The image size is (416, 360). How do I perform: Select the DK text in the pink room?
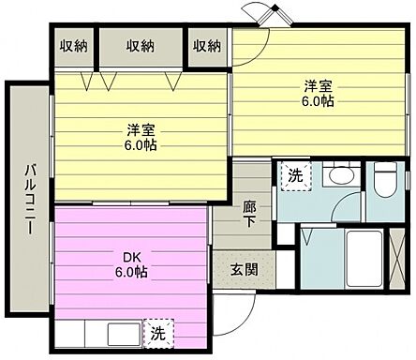[131, 257]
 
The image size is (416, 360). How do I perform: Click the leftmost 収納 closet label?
[75, 45]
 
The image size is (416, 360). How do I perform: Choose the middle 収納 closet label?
[141, 45]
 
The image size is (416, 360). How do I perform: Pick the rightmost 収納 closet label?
[207, 45]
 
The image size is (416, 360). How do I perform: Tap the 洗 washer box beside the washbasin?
[295, 175]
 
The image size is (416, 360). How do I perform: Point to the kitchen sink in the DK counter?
[122, 335]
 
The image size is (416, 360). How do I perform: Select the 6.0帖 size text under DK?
[131, 273]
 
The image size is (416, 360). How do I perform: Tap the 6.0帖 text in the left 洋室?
[141, 147]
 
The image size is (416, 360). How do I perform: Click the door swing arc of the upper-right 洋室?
[246, 52]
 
